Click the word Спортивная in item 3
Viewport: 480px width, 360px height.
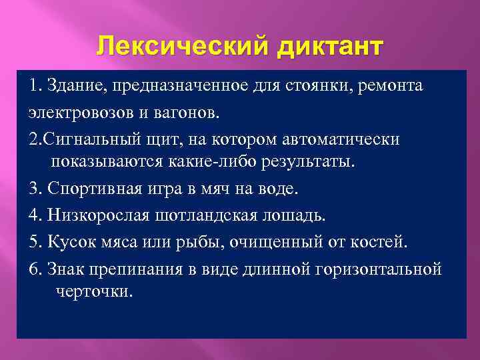(x=94, y=189)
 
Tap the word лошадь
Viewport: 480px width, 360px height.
(x=297, y=215)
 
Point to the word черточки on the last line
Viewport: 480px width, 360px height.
(x=90, y=291)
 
